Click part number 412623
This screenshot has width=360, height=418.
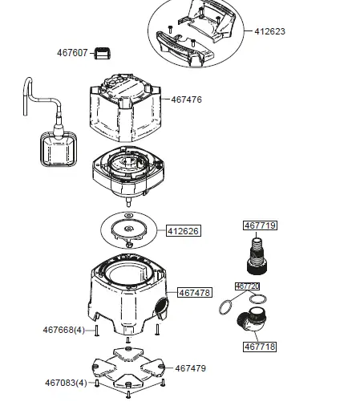270,32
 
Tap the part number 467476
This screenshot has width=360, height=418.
186,99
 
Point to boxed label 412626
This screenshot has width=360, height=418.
183,231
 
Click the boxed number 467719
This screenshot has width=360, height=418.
259,226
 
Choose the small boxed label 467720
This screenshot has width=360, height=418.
247,286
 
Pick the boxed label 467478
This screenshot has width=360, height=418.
195,293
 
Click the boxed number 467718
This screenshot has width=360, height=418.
259,347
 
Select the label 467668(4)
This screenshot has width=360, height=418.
64,330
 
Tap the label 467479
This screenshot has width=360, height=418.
191,368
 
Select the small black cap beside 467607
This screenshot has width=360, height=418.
103,54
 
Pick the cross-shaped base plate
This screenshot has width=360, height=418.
128,368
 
